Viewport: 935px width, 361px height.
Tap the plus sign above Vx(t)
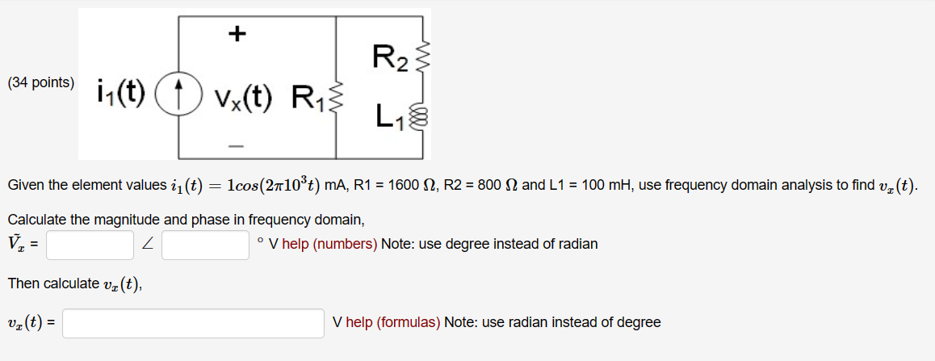pyautogui.click(x=237, y=33)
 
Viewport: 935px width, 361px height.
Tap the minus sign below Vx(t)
pyautogui.click(x=236, y=146)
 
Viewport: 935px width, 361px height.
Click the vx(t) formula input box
pyautogui.click(x=193, y=323)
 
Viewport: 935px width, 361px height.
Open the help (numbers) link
pyautogui.click(x=329, y=244)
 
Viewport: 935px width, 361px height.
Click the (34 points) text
pyautogui.click(x=40, y=82)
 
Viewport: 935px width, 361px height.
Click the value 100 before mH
pyautogui.click(x=593, y=186)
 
